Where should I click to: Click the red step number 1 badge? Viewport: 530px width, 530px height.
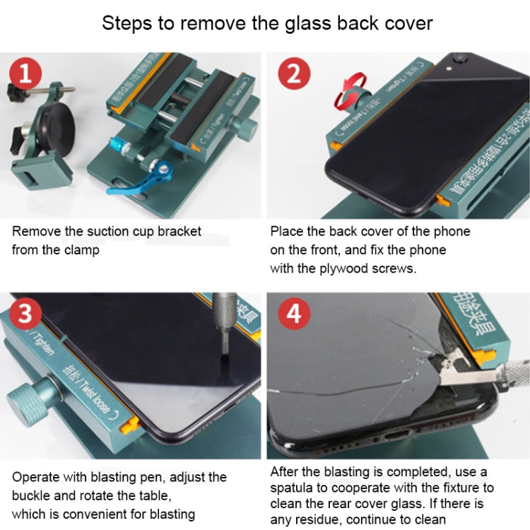coord(26,73)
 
